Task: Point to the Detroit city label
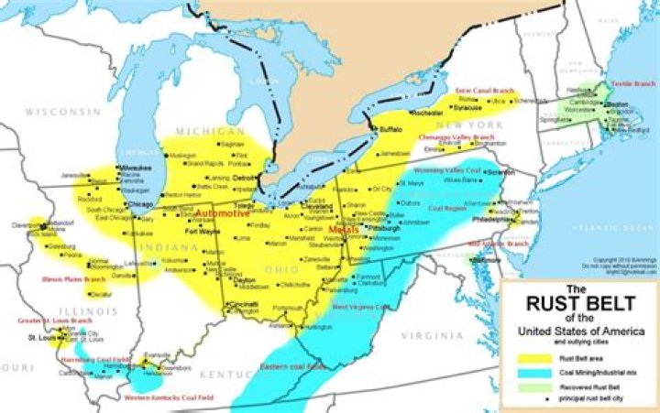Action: click(243, 177)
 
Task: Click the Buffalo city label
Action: click(390, 130)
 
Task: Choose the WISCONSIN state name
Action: click(61, 111)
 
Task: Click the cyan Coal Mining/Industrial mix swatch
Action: click(530, 373)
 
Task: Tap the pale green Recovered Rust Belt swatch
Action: click(530, 386)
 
